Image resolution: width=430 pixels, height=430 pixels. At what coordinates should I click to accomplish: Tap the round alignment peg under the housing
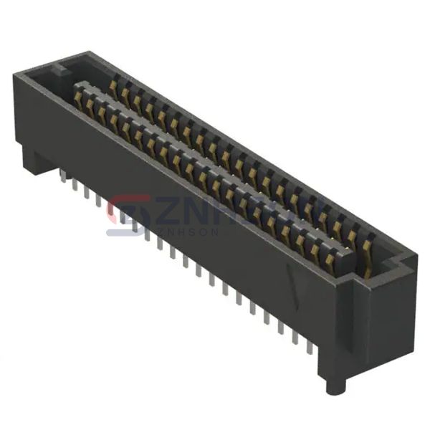point(333,386)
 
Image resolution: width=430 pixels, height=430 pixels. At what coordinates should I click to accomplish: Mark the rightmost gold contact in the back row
point(368,247)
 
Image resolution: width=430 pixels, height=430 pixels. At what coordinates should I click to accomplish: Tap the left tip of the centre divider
point(75,89)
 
